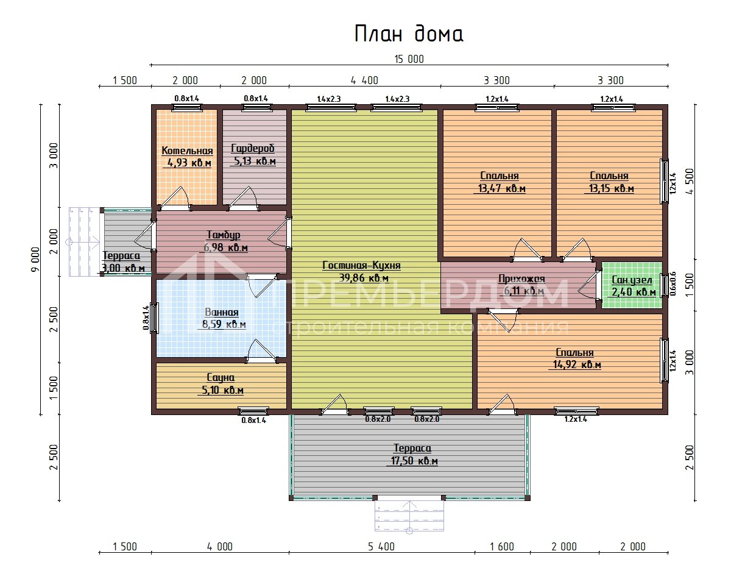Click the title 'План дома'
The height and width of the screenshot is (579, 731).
[x=409, y=34]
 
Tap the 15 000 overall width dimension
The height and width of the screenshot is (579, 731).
[x=409, y=59]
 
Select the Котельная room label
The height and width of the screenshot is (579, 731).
[x=187, y=151]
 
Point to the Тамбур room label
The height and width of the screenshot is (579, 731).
[x=224, y=235]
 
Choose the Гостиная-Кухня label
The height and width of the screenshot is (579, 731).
[x=361, y=265]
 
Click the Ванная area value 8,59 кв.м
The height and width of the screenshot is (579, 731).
[x=224, y=324]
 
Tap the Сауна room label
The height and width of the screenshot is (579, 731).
[x=221, y=377]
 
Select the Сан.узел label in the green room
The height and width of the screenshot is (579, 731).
[x=632, y=280]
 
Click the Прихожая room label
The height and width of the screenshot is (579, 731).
[x=521, y=279]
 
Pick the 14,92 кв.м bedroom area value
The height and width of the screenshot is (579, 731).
[x=577, y=364]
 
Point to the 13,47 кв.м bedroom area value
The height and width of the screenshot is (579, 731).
[x=502, y=188]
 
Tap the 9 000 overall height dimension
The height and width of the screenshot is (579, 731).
[x=35, y=260]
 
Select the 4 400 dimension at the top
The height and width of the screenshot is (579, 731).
[x=364, y=80]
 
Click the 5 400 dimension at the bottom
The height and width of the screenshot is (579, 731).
[x=381, y=547]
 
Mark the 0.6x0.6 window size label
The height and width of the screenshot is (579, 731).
[x=673, y=283]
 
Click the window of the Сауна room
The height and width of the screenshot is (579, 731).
[x=253, y=411]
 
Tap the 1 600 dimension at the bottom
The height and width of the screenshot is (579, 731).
[x=502, y=547]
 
